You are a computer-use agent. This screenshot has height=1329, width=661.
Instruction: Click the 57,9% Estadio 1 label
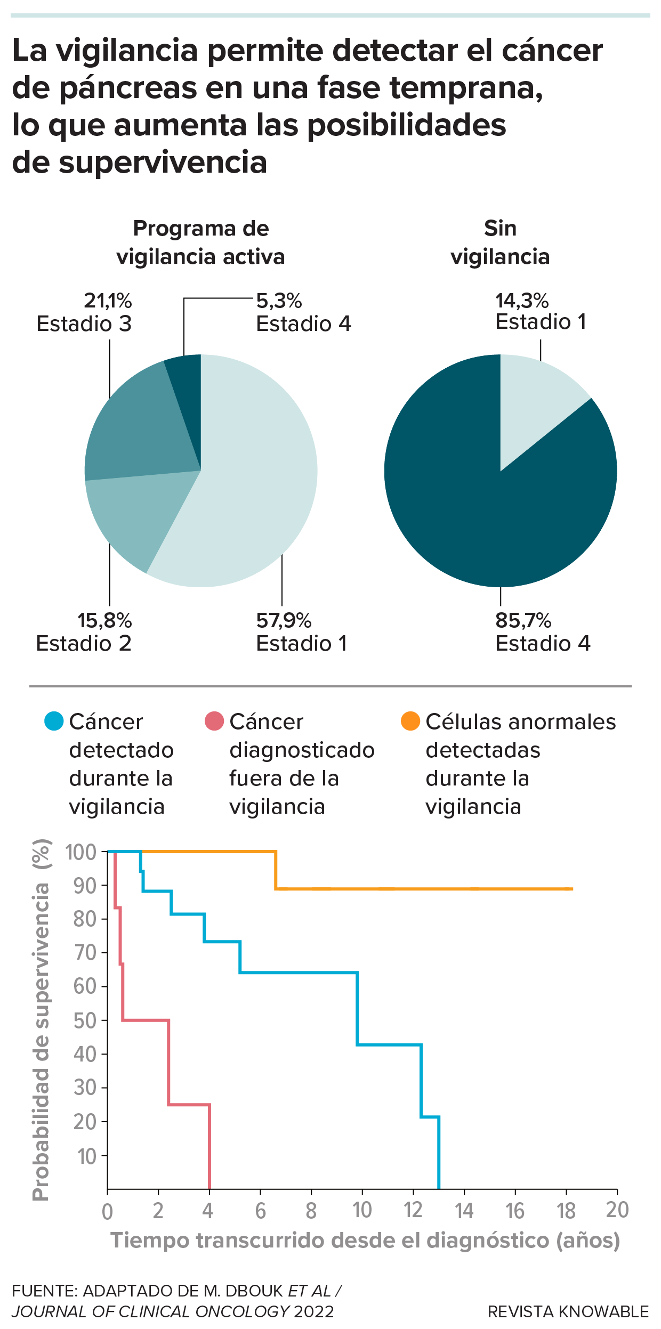tap(301, 632)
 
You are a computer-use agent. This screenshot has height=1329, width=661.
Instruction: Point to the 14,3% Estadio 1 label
tap(540, 312)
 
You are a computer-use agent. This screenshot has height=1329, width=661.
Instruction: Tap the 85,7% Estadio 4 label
tap(542, 632)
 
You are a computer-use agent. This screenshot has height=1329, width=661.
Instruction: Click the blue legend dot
tap(54, 721)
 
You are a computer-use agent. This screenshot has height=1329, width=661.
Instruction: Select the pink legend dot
tap(214, 721)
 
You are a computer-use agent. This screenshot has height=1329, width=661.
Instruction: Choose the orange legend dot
tap(410, 721)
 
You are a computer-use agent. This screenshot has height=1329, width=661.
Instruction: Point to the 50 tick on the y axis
tap(85, 1020)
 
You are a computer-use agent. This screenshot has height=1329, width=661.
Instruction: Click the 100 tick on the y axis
tap(81, 852)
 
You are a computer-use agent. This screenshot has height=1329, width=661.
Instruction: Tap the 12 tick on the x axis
tap(413, 1210)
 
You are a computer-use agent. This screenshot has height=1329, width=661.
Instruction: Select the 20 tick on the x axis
tap(617, 1210)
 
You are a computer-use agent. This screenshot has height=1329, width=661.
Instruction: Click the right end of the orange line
tap(572, 889)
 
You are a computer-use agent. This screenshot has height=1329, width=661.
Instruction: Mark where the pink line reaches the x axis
tap(209, 1188)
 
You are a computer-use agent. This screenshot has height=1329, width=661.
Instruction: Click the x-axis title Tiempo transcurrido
tap(365, 1240)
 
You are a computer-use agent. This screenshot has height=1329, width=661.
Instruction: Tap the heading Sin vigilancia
tap(500, 242)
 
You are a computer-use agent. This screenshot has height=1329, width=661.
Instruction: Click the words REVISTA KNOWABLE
tap(568, 1311)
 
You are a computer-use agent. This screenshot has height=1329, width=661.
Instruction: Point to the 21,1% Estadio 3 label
tap(84, 312)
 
